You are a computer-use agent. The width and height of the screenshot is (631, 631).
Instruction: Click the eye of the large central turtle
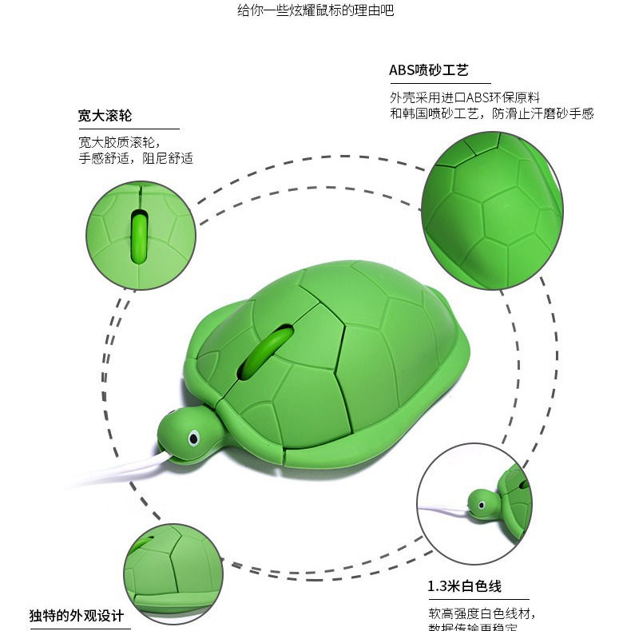(192, 438)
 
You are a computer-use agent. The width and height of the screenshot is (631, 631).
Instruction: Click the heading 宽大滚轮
(105, 116)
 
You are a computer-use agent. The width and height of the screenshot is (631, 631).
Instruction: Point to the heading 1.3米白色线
(465, 587)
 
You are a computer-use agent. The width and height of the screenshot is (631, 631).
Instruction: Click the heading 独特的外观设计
(77, 616)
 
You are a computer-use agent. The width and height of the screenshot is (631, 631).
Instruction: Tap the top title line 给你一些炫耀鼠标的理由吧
(315, 10)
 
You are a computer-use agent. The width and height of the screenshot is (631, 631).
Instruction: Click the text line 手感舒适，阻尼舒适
(136, 158)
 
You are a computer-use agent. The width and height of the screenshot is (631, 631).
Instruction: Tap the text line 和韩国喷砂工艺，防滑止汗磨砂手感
(492, 113)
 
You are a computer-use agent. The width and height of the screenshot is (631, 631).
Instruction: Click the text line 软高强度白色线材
(482, 613)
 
